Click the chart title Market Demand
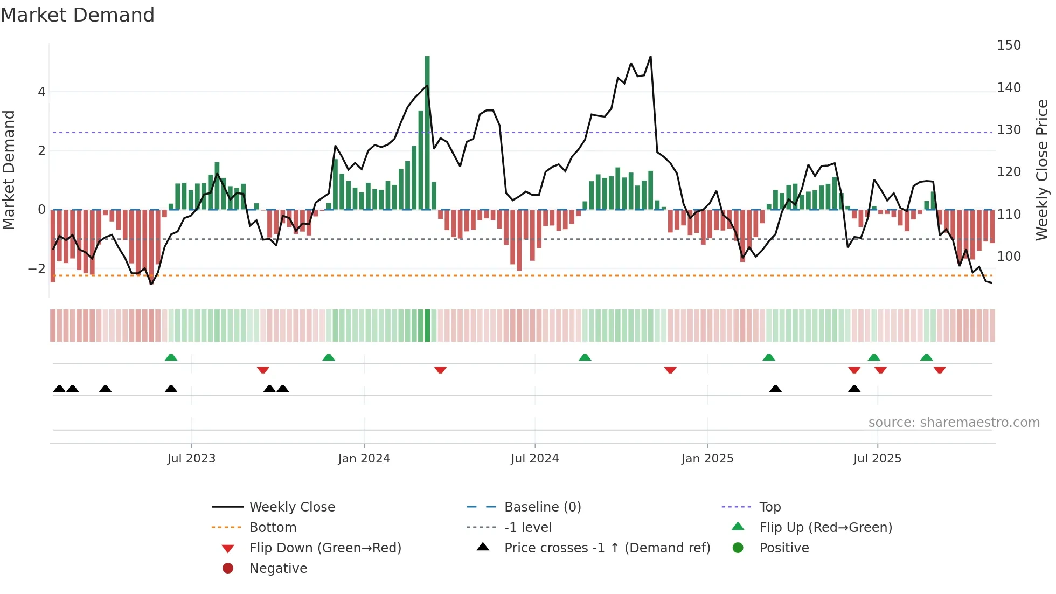coord(78,15)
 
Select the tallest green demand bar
coord(427,132)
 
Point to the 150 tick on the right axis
coord(1009,45)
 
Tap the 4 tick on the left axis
coord(41,92)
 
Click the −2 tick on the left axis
coord(37,269)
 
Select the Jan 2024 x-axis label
coord(364,459)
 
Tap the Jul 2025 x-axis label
coord(877,459)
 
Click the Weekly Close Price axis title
coord(1042,170)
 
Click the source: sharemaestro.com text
coord(954,423)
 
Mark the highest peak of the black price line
coord(650,57)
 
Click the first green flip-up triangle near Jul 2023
coord(171,357)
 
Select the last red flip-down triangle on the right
coord(940,370)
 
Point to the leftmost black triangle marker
coord(59,389)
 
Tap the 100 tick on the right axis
coord(1009,257)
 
